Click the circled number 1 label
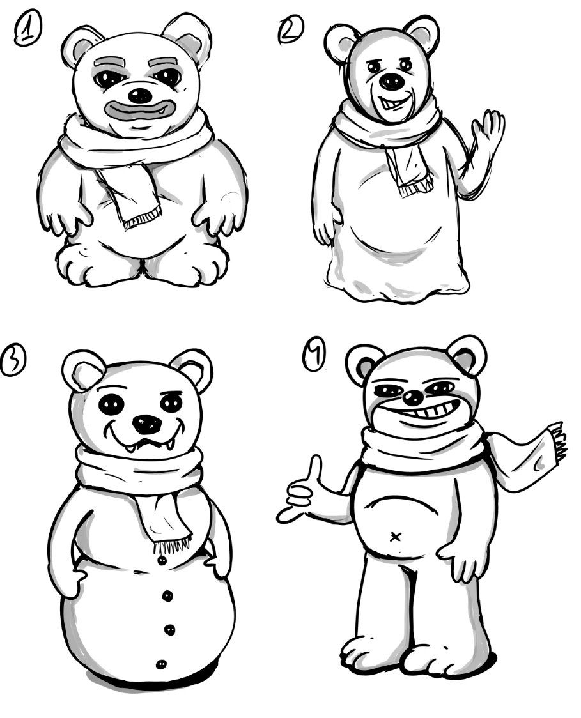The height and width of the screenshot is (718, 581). tap(28, 28)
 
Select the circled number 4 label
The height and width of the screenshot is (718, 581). tap(315, 356)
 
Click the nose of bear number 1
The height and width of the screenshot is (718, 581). tap(140, 96)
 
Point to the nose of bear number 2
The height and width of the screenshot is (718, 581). tap(392, 82)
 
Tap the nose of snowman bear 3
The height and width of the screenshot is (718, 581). tap(147, 424)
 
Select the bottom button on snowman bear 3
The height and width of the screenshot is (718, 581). tap(161, 664)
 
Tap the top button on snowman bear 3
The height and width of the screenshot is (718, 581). tap(161, 560)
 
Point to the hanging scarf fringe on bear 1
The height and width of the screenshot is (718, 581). tap(143, 218)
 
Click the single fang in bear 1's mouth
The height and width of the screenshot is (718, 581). tap(161, 110)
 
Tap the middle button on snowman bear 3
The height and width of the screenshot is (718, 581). tap(169, 630)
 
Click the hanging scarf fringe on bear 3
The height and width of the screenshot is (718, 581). tap(173, 545)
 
